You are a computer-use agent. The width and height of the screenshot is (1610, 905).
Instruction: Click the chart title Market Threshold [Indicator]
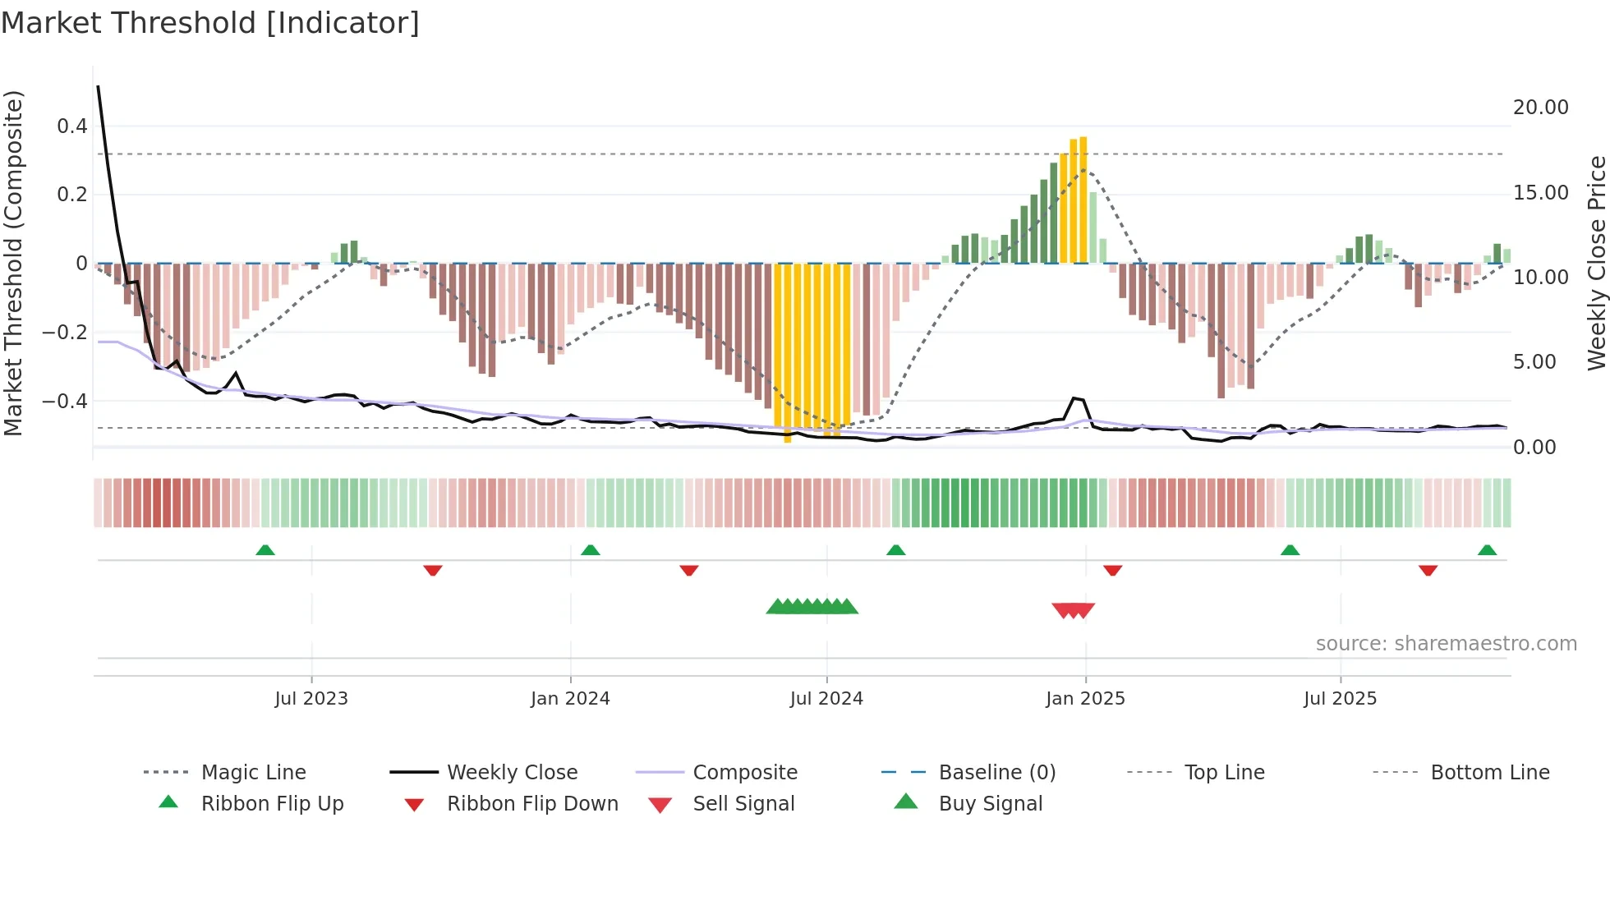[210, 23]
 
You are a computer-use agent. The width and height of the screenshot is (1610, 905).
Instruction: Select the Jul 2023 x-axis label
[311, 699]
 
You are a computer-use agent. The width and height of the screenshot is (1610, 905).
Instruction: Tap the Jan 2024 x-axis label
[570, 699]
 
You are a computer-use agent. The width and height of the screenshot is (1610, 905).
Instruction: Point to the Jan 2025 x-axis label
[1085, 699]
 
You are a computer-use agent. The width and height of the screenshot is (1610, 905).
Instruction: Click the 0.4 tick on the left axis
[71, 126]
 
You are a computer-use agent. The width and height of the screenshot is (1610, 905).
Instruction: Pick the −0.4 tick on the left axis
[65, 402]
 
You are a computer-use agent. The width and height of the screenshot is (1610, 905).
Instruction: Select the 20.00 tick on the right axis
[1540, 108]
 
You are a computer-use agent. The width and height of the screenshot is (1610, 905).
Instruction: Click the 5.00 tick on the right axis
[1534, 362]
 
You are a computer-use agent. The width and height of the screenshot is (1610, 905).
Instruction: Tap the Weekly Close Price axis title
[1596, 263]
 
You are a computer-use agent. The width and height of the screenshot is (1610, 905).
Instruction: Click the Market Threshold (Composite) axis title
[13, 263]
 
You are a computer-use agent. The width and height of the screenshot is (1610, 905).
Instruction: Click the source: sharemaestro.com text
[1446, 644]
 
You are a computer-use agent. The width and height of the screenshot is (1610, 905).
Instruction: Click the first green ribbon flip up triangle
[265, 550]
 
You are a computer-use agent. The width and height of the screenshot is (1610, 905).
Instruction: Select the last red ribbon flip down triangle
[1428, 570]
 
